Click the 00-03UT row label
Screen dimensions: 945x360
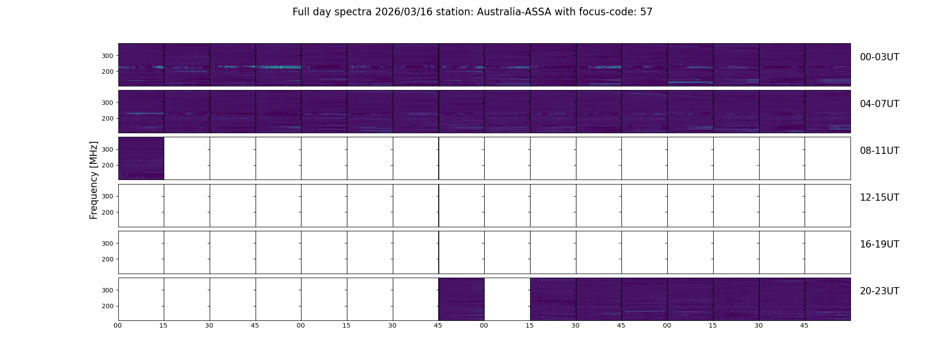point(879,57)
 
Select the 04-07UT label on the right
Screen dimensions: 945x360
point(879,104)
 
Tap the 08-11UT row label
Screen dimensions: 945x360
point(879,151)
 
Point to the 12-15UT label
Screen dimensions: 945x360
point(879,198)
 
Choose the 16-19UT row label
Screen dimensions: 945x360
point(879,244)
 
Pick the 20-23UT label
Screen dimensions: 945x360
point(879,291)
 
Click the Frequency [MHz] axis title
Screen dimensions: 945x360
point(94,180)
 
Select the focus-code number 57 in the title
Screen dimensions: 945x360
point(646,12)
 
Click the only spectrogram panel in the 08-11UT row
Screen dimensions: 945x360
point(141,158)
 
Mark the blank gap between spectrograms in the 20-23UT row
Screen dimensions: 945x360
point(507,299)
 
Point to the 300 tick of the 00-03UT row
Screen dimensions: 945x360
point(107,56)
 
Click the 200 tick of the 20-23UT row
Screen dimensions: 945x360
point(107,306)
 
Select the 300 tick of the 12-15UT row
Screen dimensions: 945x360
point(107,196)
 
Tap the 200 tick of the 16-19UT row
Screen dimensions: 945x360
point(107,259)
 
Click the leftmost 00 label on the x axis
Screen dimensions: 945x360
point(117,325)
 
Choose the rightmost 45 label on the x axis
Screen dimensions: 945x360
point(804,325)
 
